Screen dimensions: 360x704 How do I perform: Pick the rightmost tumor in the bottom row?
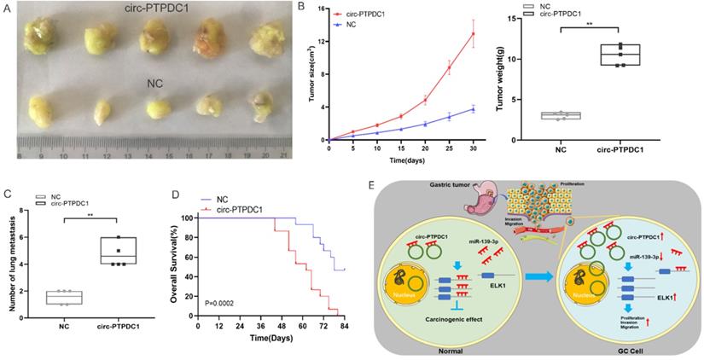click(x=261, y=108)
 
